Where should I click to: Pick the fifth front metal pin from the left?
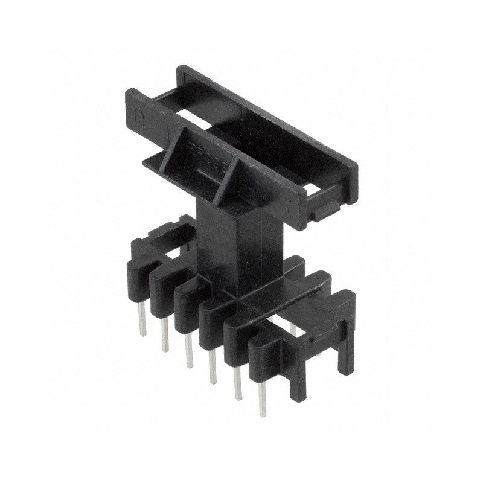237,383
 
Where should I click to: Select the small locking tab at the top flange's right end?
326,211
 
